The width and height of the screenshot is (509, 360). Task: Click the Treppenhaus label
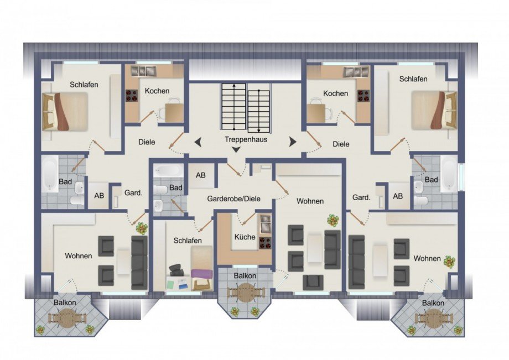[246, 139]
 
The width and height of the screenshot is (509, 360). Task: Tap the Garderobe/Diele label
[233, 199]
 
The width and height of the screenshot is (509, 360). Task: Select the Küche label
[245, 237]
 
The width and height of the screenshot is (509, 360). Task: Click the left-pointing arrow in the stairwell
[198, 142]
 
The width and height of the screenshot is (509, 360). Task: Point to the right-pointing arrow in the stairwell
[293, 142]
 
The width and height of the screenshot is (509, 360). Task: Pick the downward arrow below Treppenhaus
[236, 149]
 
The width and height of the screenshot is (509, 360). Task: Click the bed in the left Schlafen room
[65, 111]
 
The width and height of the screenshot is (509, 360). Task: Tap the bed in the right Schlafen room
[434, 110]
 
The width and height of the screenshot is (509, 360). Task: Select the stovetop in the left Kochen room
[132, 96]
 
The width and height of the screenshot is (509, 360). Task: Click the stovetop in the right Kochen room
[363, 96]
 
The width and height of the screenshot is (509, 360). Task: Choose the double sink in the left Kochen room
[143, 71]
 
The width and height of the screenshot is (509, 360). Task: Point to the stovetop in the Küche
[265, 243]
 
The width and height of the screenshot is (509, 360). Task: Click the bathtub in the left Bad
[50, 174]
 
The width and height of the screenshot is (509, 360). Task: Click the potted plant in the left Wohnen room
[142, 228]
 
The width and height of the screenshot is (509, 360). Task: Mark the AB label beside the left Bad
[99, 196]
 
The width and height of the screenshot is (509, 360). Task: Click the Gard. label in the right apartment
[361, 197]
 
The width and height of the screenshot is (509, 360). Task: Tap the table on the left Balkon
[67, 318]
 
